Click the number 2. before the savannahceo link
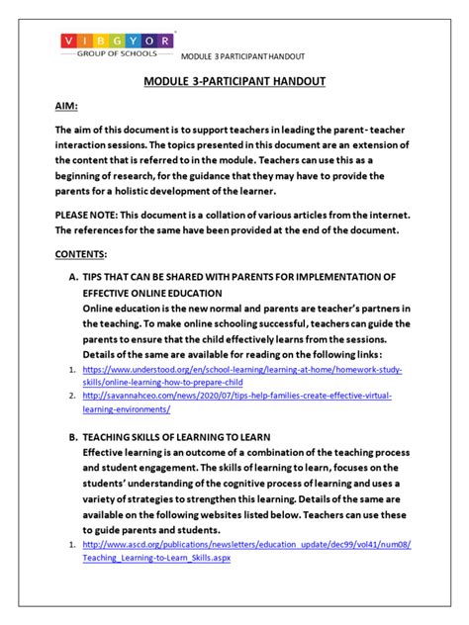coord(72,396)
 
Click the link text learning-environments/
coord(127,409)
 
